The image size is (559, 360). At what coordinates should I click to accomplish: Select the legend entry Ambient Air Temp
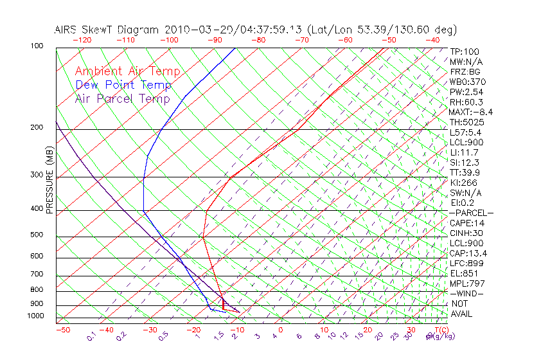[127, 71]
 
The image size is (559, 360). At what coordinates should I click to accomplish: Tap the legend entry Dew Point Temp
[123, 85]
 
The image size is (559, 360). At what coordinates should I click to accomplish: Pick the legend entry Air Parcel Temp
[123, 98]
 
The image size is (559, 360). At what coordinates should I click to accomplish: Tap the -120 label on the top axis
[82, 40]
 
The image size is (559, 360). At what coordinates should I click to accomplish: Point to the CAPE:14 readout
[466, 223]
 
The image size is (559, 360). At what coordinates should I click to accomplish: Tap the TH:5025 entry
[466, 122]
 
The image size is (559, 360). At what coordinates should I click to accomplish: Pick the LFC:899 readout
[466, 264]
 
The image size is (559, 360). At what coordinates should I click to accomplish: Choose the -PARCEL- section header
[471, 213]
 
